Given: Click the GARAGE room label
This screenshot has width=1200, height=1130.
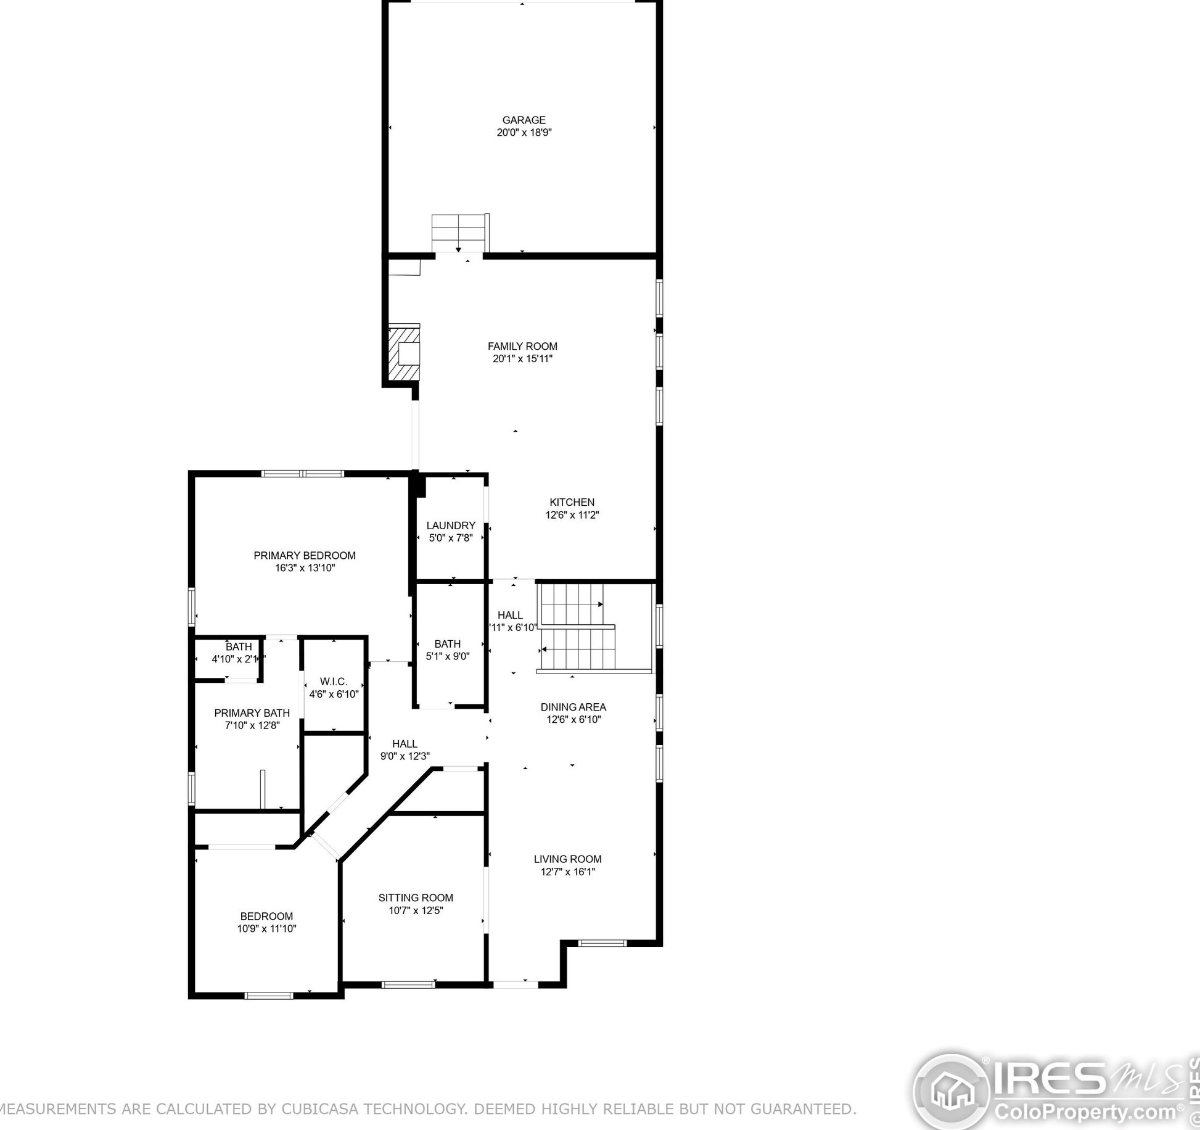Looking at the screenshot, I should click(524, 120).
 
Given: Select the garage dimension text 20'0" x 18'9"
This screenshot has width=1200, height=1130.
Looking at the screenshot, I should click(524, 133).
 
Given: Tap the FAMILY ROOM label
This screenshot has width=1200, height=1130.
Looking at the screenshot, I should click(522, 347).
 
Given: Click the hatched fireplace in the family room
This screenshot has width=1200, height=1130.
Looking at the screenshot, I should click(404, 354).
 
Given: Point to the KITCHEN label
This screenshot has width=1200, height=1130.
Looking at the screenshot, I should click(572, 502).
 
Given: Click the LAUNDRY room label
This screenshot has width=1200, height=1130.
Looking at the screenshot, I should click(451, 526).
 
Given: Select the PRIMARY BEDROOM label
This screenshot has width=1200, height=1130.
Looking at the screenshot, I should click(305, 556).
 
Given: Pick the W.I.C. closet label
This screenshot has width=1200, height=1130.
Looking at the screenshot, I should click(334, 682).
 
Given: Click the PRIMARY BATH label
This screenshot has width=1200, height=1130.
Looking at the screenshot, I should click(252, 713).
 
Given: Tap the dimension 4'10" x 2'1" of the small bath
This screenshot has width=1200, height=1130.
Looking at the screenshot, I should click(238, 659).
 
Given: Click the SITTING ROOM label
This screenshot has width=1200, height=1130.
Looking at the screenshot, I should click(416, 898).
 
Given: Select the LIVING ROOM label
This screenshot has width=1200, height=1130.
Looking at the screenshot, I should click(567, 859).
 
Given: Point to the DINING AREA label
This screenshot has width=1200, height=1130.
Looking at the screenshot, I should click(573, 707).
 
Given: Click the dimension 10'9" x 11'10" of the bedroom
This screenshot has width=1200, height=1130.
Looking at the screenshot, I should click(266, 929).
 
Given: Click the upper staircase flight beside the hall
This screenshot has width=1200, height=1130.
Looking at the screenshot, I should click(570, 604).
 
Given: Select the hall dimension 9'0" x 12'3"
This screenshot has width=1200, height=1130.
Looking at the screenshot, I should click(405, 756).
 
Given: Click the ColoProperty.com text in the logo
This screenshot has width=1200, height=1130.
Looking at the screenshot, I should click(1086, 1112).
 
